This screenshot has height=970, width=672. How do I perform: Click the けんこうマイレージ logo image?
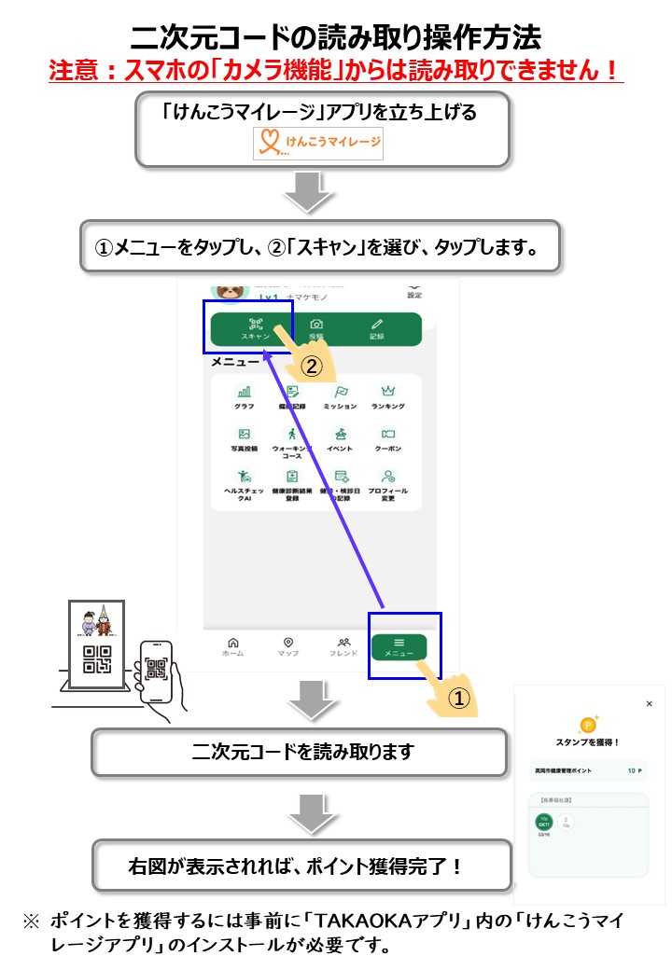tap(318, 145)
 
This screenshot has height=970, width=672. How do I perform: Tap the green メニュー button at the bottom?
tap(399, 646)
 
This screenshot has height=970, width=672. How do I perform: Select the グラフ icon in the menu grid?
tap(244, 396)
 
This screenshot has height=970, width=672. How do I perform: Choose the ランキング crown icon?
tap(388, 396)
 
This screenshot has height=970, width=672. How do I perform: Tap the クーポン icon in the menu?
tap(388, 438)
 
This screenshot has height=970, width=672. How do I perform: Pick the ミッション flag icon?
tap(341, 396)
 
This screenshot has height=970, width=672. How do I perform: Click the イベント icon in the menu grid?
tap(341, 438)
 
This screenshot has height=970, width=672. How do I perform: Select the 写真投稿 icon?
tap(244, 438)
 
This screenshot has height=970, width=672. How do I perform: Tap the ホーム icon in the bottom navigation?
tap(232, 646)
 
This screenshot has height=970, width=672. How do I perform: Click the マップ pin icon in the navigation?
tap(288, 646)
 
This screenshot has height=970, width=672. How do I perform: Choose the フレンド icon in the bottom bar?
tap(343, 646)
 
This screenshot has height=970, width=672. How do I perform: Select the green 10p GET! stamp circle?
tap(544, 822)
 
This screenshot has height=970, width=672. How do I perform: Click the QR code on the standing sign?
tap(97, 658)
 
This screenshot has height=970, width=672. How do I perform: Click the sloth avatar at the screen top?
tap(228, 289)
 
